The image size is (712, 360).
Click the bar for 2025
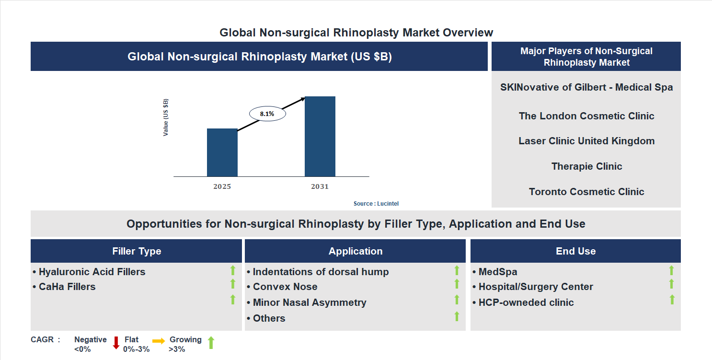tap(222, 152)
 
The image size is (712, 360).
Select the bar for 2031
tap(320, 137)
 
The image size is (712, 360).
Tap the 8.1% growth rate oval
tap(267, 114)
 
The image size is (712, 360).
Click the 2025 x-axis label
tap(222, 186)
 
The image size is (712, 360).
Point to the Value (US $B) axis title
tap(166, 117)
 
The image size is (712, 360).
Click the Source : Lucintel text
tap(376, 204)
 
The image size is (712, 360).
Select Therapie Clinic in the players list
tap(586, 166)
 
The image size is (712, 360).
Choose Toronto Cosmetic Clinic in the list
tap(586, 192)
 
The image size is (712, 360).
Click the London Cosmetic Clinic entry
tap(586, 116)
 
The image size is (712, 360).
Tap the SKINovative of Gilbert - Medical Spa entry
tap(586, 87)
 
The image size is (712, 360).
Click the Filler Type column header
tap(137, 251)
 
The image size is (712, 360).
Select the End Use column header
tap(575, 251)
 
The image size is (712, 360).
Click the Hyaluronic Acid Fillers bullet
tap(92, 272)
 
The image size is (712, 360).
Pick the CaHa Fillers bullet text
tap(67, 287)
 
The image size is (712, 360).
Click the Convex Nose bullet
tap(285, 287)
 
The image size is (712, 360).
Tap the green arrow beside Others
tap(457, 316)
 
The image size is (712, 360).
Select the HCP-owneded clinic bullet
tap(526, 302)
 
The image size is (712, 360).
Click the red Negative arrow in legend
tap(116, 343)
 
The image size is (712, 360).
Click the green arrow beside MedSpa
tap(671, 270)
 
